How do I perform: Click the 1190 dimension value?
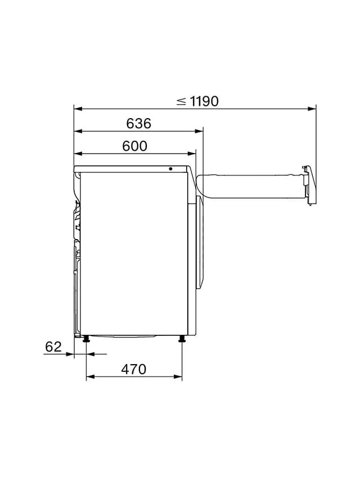coord(204,101)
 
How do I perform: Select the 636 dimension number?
coord(139,123)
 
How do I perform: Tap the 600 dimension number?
coord(134,146)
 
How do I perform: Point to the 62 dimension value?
coord(53,347)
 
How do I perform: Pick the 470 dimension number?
coord(134,370)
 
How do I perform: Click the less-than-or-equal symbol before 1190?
coord(181,101)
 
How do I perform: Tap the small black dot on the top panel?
coord(170,169)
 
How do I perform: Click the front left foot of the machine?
coord(86,339)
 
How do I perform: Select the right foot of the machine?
coord(182,339)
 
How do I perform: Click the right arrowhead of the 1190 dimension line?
coord(312,109)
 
